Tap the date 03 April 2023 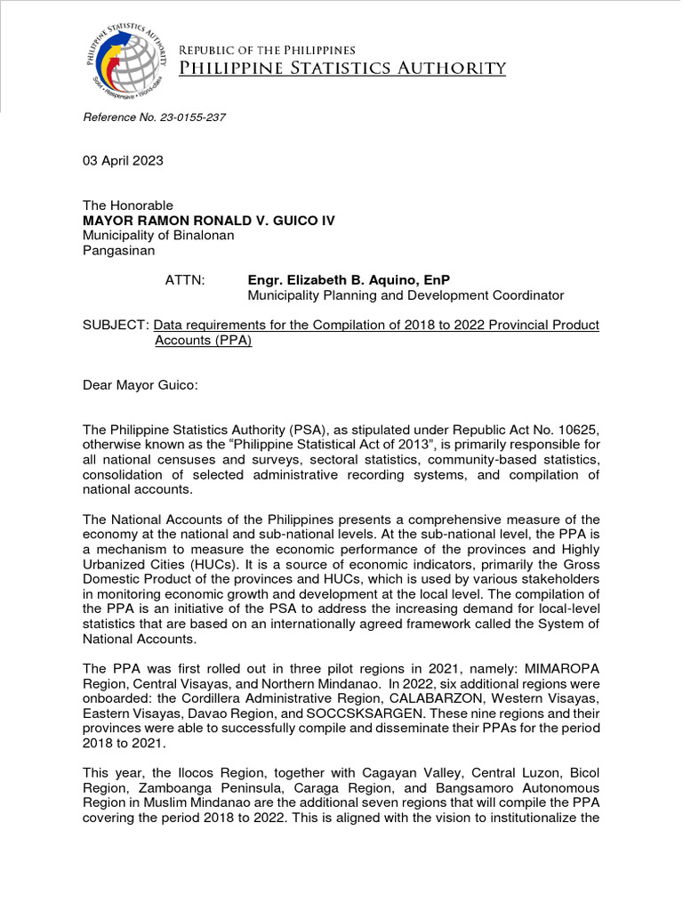(123, 161)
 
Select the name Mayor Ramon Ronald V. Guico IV (209, 221)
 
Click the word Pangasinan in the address (118, 251)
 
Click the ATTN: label (185, 280)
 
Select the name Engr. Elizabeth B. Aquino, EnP (349, 280)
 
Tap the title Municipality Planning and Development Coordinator (405, 295)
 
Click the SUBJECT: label (116, 326)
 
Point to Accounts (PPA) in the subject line (203, 341)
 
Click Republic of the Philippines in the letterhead (268, 50)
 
